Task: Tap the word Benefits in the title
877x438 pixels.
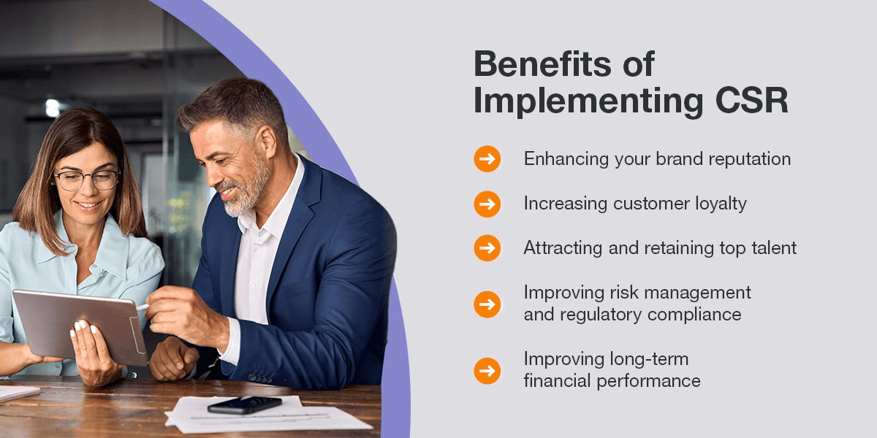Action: coord(542,64)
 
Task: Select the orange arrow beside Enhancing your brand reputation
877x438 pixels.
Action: coord(487,159)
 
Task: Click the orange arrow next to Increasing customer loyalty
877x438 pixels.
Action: coord(487,204)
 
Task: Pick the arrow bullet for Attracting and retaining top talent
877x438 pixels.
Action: coord(487,248)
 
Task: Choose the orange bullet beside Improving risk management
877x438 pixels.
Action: coord(487,304)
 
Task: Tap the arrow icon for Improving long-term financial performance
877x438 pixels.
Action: coord(487,371)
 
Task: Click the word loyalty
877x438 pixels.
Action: coord(721,204)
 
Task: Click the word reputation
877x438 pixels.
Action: coord(749,160)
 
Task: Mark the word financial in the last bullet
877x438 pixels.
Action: coord(557,381)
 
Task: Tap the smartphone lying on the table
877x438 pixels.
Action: coord(245,405)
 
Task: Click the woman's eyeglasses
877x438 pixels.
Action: coord(87,180)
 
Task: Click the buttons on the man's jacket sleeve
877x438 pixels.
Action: coord(260,379)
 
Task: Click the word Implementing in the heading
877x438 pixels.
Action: coord(588,101)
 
